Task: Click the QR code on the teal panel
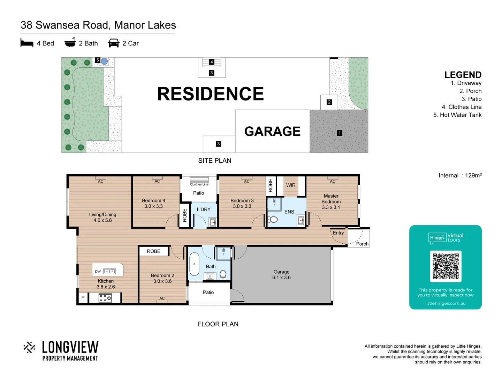click(x=446, y=266)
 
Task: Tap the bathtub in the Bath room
click(x=194, y=264)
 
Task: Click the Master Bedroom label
click(x=331, y=199)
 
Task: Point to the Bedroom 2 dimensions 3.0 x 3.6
click(x=162, y=281)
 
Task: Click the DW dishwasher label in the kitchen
click(x=98, y=272)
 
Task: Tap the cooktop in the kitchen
click(x=105, y=298)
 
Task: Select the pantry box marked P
click(x=83, y=298)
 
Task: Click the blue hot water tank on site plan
click(x=104, y=61)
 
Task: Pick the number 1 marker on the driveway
click(x=340, y=133)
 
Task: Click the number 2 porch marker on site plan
click(x=329, y=102)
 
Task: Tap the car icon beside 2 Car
click(x=114, y=43)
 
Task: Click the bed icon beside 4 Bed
click(x=27, y=43)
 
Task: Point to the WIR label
click(x=291, y=185)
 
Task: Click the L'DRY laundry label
click(x=204, y=209)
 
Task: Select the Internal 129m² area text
click(x=460, y=176)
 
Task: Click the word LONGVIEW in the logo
click(x=70, y=347)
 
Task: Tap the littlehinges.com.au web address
click(x=445, y=303)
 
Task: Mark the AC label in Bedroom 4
click(x=157, y=181)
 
